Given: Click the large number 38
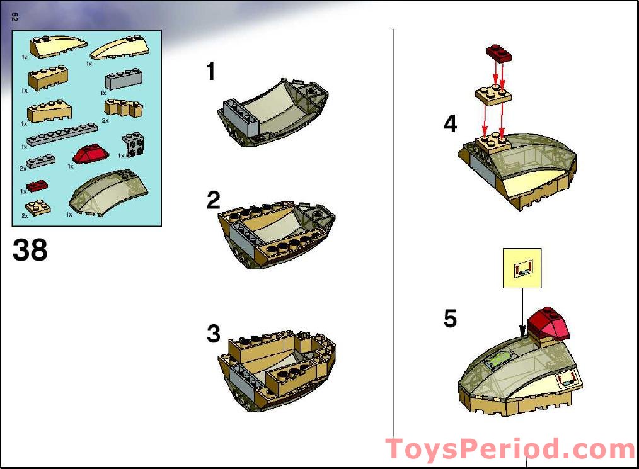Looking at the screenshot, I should pos(30,250).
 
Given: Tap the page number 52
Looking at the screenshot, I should pos(14,18).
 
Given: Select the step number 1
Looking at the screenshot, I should pos(211,72).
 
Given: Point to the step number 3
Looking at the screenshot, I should pos(214,334).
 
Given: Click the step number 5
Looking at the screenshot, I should pos(450,319).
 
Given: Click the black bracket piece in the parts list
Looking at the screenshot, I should pos(132,145).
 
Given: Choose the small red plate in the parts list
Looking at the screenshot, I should pos(37,185).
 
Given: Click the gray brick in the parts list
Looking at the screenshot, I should pos(124,79).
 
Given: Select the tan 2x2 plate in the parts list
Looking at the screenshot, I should pos(38,207).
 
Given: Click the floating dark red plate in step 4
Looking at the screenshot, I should pos(498,54).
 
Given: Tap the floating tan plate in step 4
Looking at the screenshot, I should pos(492,93).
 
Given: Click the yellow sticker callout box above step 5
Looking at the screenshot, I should pos(522,268).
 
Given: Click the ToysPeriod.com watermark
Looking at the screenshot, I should pos(510,449).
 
